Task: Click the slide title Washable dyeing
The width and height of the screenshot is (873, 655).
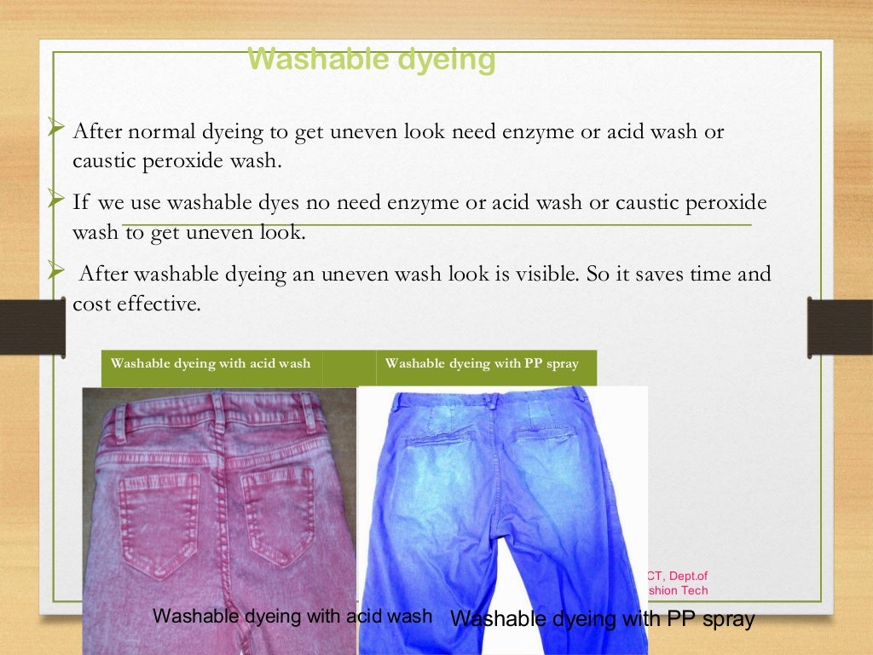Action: [x=371, y=61]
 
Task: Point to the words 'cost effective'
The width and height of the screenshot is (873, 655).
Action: [x=136, y=304]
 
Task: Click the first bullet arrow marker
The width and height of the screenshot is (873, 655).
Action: [x=56, y=130]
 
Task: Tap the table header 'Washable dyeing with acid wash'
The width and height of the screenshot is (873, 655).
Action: [x=211, y=363]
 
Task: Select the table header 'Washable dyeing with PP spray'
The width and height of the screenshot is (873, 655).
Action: [x=482, y=363]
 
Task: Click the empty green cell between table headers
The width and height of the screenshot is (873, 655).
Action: [x=349, y=367]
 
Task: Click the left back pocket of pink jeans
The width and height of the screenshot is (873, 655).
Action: [x=158, y=520]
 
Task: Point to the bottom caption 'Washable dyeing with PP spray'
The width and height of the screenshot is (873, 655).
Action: [x=602, y=619]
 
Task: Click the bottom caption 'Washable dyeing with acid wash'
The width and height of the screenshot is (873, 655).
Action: [x=292, y=616]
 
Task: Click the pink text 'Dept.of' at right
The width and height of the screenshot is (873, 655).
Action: [x=688, y=576]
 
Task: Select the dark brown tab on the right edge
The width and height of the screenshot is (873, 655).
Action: [x=839, y=326]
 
